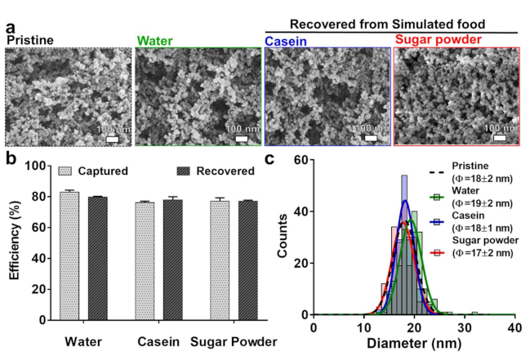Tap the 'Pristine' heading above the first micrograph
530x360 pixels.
(29, 39)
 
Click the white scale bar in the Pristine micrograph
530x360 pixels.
(112, 138)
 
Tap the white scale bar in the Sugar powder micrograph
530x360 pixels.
(502, 137)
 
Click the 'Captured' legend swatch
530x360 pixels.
(66, 172)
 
